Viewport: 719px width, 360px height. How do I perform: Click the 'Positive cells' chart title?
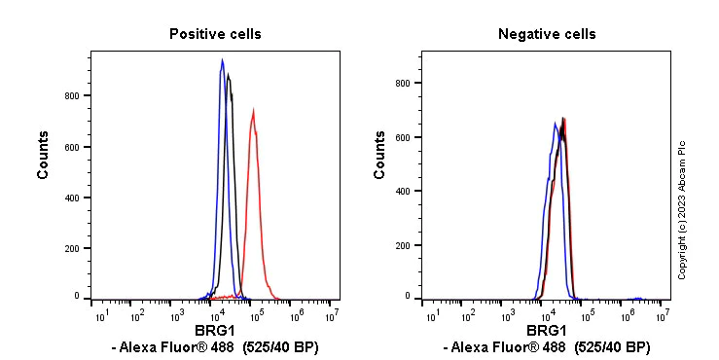pos(215,34)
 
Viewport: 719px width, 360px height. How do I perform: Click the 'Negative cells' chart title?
pos(547,34)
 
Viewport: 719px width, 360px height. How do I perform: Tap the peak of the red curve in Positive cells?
pos(253,111)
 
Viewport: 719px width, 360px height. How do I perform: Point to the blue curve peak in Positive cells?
pos(223,61)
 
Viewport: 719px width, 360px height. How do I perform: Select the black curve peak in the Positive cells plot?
pos(228,75)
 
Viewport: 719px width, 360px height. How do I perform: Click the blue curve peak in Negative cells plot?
pos(555,124)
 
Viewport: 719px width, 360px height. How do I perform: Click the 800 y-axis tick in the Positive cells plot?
pos(72,96)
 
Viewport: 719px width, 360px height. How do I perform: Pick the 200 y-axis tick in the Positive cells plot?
pos(72,249)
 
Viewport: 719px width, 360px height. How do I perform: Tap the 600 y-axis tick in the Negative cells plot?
pos(403,137)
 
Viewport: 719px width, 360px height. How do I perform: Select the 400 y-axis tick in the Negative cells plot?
pos(403,192)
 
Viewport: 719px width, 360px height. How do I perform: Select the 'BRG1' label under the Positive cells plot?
pos(215,331)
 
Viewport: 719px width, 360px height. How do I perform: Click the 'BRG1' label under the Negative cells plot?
pos(547,331)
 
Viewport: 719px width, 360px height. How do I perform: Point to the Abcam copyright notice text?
pos(682,209)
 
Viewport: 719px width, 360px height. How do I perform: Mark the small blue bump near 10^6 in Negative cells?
pos(637,298)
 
